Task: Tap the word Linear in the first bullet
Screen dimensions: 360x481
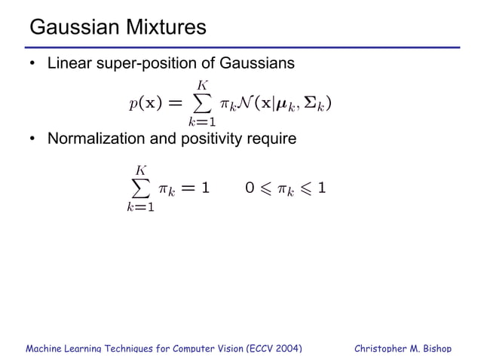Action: coord(69,64)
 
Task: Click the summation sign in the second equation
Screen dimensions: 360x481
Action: coord(139,187)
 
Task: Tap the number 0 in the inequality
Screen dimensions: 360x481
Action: coord(250,187)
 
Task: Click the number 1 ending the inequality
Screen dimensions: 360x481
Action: coord(322,187)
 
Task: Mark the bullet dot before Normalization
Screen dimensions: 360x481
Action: coord(33,139)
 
